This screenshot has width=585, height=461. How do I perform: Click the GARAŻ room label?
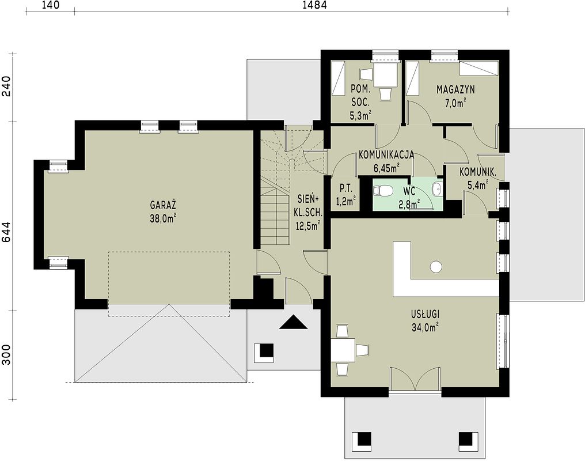[x=163, y=205]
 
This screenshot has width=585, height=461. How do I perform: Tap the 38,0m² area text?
[x=163, y=218]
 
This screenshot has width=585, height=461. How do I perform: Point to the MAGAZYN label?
[x=455, y=89]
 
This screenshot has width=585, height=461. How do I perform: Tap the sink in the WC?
[x=436, y=189]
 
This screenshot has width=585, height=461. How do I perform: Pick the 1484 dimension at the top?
[x=316, y=5]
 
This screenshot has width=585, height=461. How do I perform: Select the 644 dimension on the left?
[x=7, y=233]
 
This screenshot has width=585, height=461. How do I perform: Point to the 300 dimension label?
[x=7, y=354]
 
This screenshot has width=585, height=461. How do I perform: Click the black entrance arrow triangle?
[x=294, y=322]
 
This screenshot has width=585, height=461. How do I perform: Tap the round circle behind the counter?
[x=436, y=267]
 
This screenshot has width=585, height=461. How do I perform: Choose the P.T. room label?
[x=345, y=189]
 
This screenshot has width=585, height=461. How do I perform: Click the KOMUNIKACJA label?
[x=386, y=155]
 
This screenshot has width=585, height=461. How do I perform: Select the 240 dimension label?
[x=7, y=86]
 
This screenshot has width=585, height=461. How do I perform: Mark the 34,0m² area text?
[x=425, y=327]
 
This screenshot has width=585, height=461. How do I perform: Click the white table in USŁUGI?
[x=343, y=350]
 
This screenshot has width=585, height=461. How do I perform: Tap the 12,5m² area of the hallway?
[x=308, y=225]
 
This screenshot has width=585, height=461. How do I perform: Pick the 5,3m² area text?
[x=361, y=116]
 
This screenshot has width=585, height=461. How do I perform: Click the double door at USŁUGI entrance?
[x=415, y=379]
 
